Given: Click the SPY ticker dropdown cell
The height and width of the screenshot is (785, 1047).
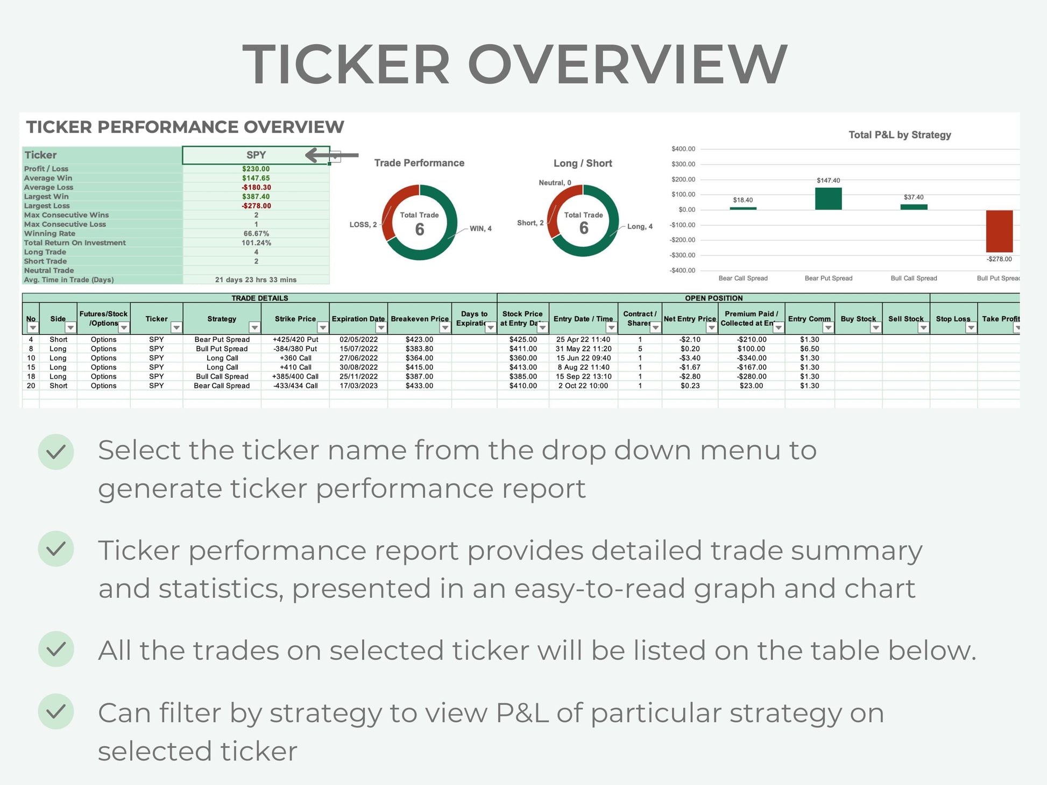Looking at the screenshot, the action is point(256,155).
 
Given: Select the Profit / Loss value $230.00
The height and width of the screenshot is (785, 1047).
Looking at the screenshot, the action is point(256,169).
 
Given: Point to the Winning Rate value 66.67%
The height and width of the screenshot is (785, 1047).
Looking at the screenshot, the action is point(256,233).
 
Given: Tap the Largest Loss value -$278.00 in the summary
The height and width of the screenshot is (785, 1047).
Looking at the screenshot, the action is point(256,206).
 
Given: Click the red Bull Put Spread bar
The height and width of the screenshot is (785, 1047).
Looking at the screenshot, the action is point(999,231).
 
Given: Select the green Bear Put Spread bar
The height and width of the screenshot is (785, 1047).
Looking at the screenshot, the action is point(829,198).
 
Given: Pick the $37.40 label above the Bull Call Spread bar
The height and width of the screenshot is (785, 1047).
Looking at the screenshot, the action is point(914,197).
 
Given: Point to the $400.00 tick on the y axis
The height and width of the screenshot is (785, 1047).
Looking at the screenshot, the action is point(683,149).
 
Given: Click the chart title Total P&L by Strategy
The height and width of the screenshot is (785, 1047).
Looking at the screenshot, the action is point(900,135).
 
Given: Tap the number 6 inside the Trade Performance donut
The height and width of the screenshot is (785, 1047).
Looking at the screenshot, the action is point(420,230).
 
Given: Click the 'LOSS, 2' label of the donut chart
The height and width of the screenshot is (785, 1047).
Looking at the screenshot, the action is point(363,225).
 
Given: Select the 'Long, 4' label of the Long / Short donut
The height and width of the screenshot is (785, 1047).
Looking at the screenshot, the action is point(640,226).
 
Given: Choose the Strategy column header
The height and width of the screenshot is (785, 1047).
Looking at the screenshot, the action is point(222,319).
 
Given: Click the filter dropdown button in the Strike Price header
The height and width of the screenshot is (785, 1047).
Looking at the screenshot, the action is point(323,327).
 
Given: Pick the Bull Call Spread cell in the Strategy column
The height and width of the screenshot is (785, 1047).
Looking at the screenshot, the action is point(222,376).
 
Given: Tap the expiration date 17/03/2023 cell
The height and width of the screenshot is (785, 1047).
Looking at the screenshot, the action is point(358,386).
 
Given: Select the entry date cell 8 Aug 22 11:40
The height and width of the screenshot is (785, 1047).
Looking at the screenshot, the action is point(583,367).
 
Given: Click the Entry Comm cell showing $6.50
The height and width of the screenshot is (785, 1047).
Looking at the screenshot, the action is point(809,349).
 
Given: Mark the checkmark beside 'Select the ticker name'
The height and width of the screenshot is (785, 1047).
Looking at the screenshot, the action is point(56,452).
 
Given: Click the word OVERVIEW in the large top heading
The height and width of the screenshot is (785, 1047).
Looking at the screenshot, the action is point(628,65).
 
